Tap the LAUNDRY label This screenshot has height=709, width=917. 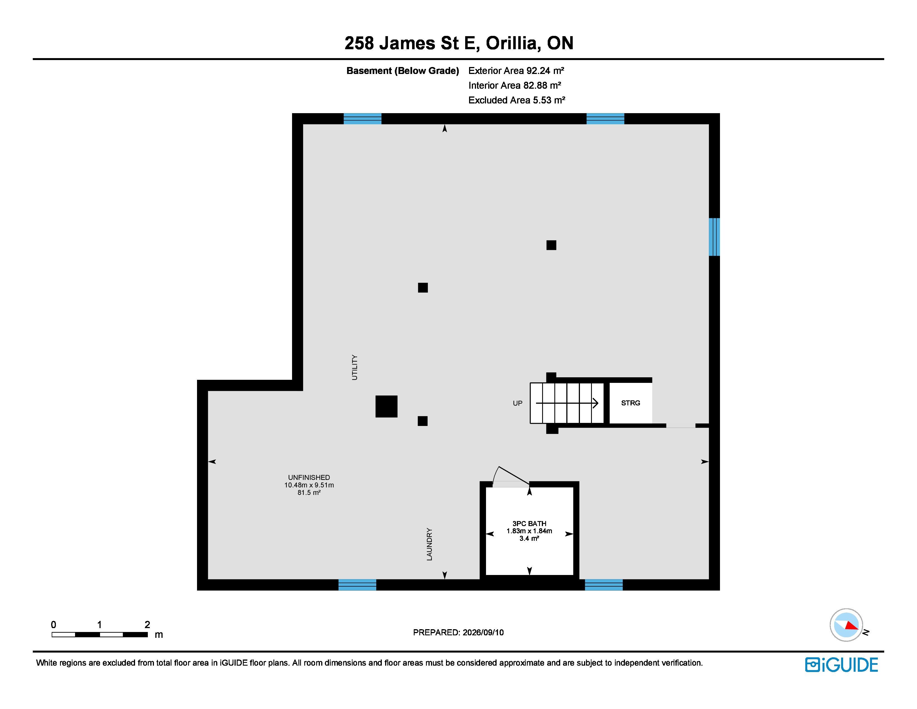tap(429, 544)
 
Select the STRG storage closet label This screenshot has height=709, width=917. tap(631, 403)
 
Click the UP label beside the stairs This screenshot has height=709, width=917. tap(518, 403)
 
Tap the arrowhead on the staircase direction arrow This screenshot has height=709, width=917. tap(595, 403)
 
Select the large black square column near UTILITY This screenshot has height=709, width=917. tap(386, 406)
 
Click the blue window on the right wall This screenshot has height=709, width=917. tap(714, 237)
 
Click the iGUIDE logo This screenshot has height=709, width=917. tap(841, 665)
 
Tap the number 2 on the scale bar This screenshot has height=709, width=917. tap(147, 624)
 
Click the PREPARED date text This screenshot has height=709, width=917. tap(458, 633)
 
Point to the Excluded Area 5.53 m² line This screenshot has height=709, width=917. tap(517, 100)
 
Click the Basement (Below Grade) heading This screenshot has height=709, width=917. tap(403, 71)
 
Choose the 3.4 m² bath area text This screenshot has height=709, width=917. tap(529, 539)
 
